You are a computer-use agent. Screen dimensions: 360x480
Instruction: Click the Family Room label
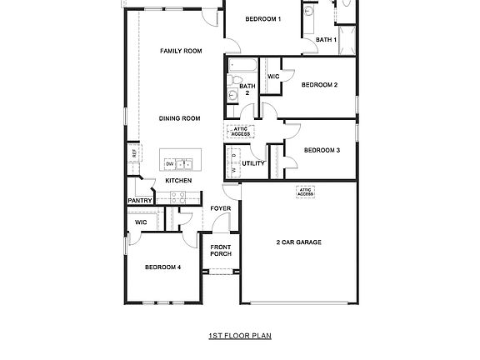pos(181,51)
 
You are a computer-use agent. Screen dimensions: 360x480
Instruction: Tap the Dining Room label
pos(180,118)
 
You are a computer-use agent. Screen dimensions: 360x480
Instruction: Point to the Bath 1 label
pos(326,39)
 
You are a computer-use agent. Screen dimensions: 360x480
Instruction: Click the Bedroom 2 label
pos(319,84)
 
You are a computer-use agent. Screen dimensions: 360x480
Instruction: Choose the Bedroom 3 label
pos(322,150)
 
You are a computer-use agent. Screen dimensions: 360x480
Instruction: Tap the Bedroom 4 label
pos(162,267)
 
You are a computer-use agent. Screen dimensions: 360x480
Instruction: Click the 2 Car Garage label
pos(298,242)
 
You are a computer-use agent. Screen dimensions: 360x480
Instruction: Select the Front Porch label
pos(221,250)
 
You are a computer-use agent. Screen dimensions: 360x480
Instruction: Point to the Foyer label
pos(221,208)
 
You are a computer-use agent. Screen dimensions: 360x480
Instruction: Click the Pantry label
pos(138,201)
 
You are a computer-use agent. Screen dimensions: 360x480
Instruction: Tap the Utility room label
pos(253,163)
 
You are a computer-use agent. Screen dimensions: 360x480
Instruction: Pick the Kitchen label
pos(178,181)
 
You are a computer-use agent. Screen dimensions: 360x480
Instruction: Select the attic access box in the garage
pos(306,191)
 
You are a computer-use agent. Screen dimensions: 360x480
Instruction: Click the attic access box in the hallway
pos(240,131)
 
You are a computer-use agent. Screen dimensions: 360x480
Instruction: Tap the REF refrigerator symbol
pos(132,154)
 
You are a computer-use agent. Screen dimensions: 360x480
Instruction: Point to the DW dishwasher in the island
pos(170,163)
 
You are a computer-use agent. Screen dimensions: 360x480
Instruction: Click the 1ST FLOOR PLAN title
pos(240,336)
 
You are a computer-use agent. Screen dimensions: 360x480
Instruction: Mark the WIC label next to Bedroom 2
pos(272,77)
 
